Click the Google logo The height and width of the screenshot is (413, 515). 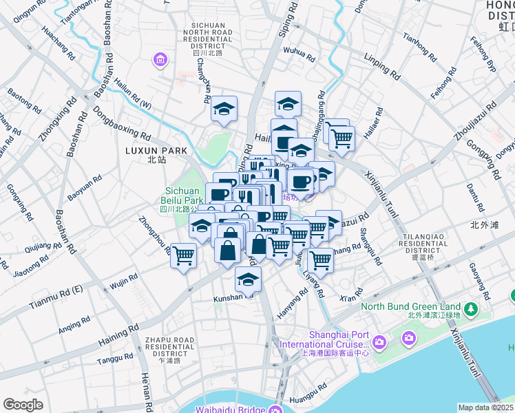(23, 405)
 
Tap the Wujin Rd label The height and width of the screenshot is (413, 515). (124, 281)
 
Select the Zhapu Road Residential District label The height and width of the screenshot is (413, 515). (168, 350)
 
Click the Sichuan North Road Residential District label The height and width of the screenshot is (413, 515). (218, 39)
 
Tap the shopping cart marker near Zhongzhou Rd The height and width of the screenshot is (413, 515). (183, 256)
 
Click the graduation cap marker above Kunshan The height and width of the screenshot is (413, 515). (248, 279)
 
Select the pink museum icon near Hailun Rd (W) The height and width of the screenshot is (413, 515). (160, 60)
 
